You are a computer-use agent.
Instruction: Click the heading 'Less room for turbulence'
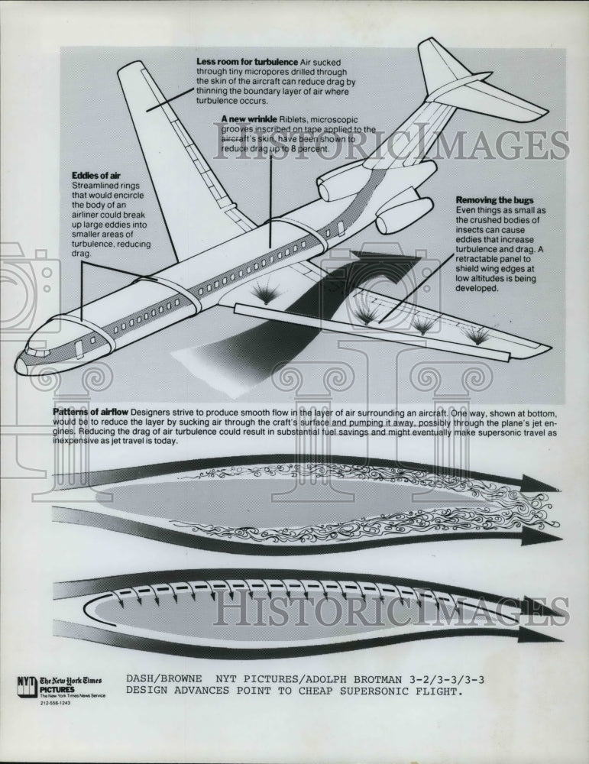pos(247,61)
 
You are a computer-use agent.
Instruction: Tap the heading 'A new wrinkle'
pos(249,119)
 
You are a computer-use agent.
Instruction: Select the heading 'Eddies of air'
pos(96,176)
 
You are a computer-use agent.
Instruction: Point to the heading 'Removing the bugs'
pos(494,200)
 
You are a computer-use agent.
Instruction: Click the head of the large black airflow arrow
pos(382,267)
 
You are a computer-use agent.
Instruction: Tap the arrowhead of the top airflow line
pos(539,484)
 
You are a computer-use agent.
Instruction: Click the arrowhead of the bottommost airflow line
pos(539,634)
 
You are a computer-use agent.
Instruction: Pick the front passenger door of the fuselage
pos(79,350)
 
